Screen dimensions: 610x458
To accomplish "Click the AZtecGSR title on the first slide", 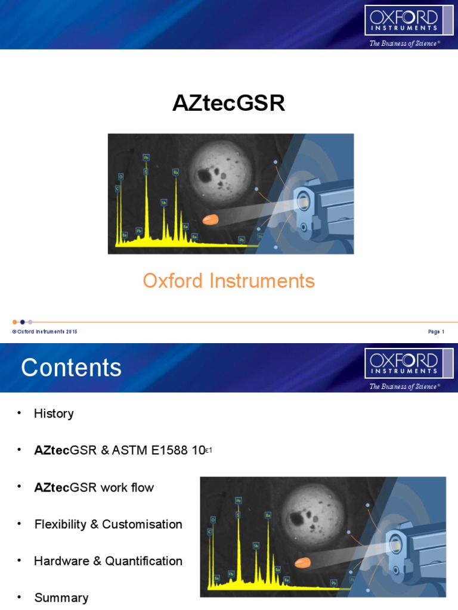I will [x=228, y=104].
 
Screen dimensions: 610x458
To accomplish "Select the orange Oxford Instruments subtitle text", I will [x=228, y=281].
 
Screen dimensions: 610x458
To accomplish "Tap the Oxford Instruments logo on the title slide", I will [x=403, y=21].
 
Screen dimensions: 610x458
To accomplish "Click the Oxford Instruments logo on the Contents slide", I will [x=403, y=363].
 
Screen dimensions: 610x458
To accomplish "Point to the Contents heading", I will [x=71, y=368].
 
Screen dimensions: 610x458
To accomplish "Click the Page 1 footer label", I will [x=436, y=332].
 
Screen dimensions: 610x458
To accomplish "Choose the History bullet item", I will [x=54, y=413].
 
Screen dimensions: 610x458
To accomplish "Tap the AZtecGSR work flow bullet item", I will [x=94, y=487].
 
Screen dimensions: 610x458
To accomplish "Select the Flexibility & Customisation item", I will [x=108, y=524].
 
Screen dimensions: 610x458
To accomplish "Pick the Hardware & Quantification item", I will [x=108, y=561].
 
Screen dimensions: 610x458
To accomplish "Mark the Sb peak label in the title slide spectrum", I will [x=163, y=203].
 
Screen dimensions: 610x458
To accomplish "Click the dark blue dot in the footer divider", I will [x=23, y=322].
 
